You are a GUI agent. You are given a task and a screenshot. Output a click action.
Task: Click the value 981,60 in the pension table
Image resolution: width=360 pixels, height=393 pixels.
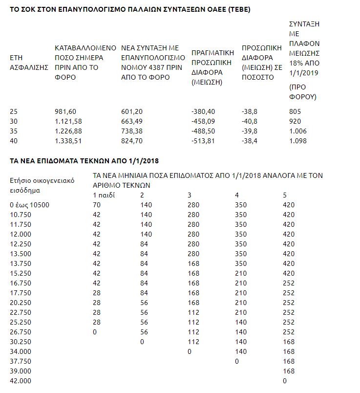pyautogui.click(x=65, y=111)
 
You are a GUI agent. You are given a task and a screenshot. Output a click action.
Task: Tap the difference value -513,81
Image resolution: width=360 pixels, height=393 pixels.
pyautogui.click(x=203, y=141)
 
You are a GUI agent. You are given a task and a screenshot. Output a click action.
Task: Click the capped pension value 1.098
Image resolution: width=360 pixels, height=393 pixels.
pyautogui.click(x=298, y=141)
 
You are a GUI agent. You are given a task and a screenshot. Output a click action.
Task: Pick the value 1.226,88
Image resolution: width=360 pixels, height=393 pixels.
pyautogui.click(x=68, y=131)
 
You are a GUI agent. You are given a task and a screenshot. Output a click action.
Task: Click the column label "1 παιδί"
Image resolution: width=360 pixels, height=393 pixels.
pyautogui.click(x=105, y=196)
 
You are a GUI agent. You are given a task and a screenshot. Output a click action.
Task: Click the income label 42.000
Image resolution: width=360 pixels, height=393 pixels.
pyautogui.click(x=20, y=381)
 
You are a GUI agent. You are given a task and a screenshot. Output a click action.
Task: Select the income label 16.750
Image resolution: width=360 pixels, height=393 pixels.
pyautogui.click(x=20, y=283)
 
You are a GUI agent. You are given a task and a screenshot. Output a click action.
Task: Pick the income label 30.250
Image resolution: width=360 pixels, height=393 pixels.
pyautogui.click(x=20, y=342)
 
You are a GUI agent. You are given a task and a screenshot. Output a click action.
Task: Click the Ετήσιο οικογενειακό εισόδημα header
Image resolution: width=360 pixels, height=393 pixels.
pyautogui.click(x=42, y=185)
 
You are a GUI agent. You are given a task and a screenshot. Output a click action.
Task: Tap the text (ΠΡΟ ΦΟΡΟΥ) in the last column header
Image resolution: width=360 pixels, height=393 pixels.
pyautogui.click(x=303, y=91)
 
